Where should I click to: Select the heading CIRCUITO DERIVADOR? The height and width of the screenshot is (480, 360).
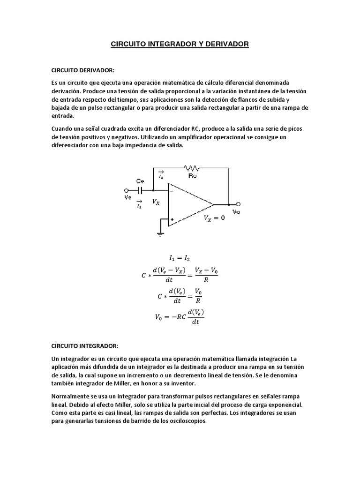tap(83, 70)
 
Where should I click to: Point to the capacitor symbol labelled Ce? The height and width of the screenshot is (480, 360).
tap(140, 190)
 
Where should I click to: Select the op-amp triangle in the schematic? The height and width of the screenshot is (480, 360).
tap(187, 204)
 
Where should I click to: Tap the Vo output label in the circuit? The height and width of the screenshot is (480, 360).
tap(237, 212)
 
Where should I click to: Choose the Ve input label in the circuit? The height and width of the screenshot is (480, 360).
tap(127, 198)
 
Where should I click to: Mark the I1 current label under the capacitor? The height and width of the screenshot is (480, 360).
tap(139, 204)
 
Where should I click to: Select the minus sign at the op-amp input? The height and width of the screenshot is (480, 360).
tap(172, 191)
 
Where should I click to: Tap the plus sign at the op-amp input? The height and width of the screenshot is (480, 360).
tap(172, 219)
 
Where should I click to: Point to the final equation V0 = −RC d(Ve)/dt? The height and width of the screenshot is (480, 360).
tap(180, 317)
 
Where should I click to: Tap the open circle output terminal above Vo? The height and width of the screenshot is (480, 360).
tap(239, 204)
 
